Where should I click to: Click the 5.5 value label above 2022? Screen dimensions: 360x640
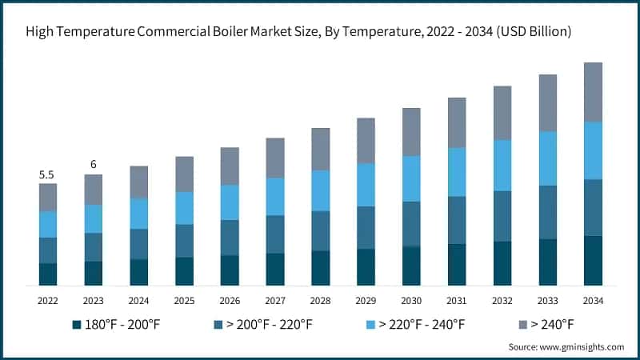click(48, 174)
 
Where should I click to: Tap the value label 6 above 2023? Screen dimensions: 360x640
click(94, 165)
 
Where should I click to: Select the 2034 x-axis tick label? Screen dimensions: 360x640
click(593, 300)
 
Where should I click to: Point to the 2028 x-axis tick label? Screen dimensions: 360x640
click(320, 300)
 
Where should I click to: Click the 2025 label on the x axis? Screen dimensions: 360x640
click(184, 300)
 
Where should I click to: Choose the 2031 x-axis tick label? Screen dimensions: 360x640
click(457, 300)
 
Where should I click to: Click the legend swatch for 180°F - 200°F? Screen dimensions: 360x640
click(77, 324)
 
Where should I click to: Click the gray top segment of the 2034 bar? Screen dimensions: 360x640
click(593, 92)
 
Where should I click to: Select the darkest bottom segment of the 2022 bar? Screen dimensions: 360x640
click(48, 274)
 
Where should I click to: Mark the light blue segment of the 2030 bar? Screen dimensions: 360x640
click(411, 178)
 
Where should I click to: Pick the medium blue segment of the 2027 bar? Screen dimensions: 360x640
click(275, 234)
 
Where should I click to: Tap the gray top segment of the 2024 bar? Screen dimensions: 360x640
click(139, 182)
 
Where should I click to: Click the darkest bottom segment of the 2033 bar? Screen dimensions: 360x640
click(547, 262)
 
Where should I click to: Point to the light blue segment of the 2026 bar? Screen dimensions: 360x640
click(230, 202)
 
